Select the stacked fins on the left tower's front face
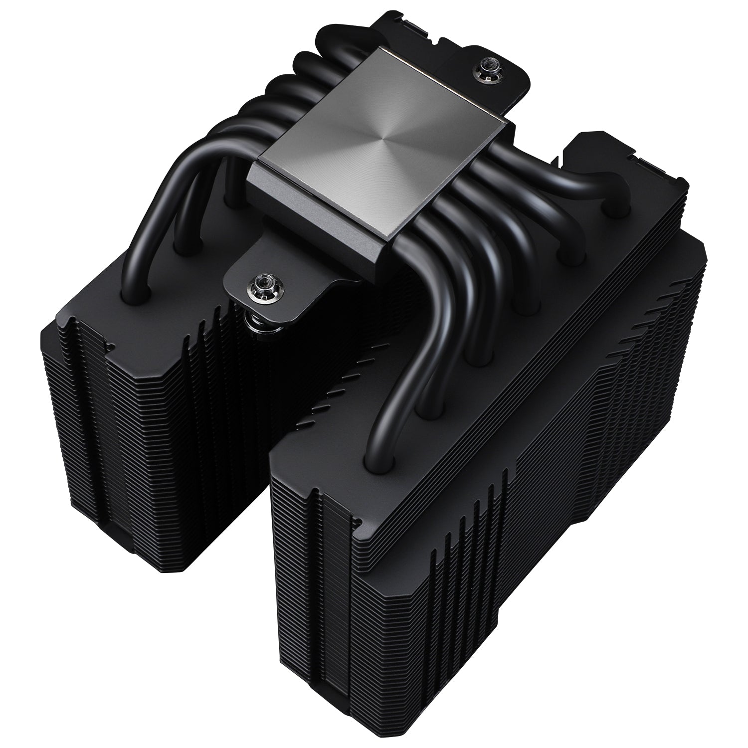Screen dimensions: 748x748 (x=125, y=449)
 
